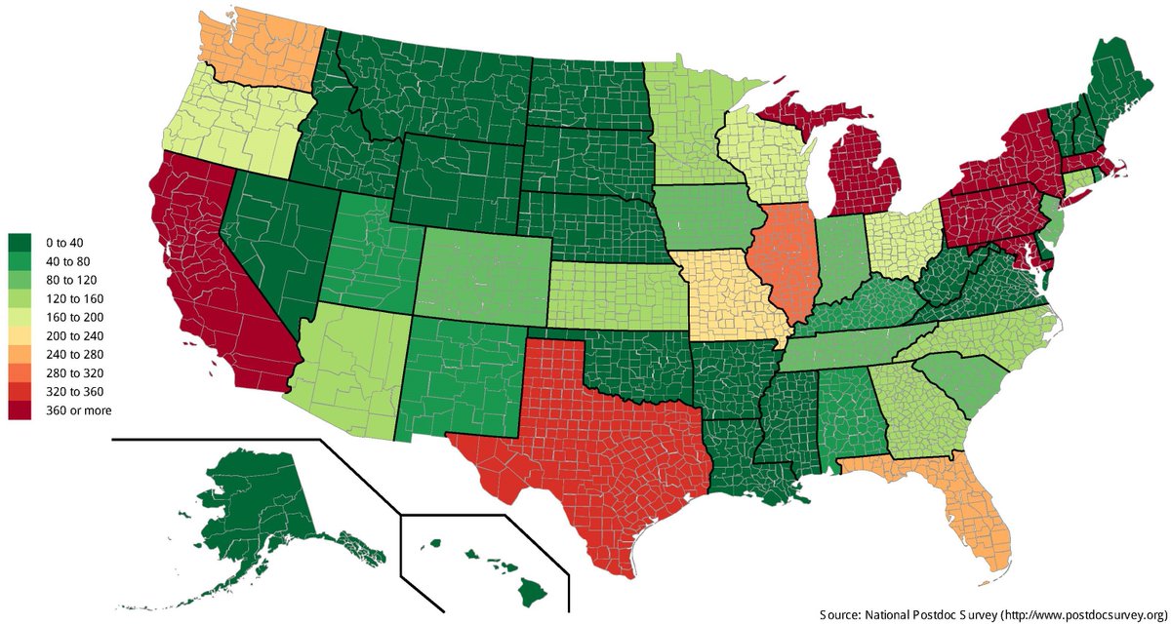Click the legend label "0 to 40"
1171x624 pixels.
tap(61, 241)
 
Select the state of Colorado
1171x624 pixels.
tap(483, 278)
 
